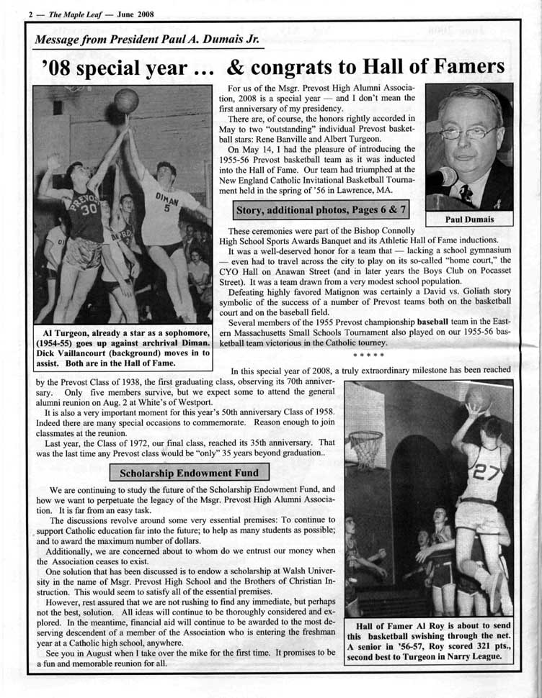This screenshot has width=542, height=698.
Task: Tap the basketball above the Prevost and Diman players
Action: (x=126, y=100)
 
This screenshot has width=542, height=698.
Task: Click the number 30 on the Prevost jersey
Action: (x=89, y=210)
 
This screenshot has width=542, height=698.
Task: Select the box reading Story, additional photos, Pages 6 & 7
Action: (x=321, y=210)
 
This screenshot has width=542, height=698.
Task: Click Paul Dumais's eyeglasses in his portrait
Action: (x=469, y=132)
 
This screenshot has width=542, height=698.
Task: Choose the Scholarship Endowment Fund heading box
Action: (x=189, y=473)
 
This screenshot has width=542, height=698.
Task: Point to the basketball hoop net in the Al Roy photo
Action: (x=367, y=448)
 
